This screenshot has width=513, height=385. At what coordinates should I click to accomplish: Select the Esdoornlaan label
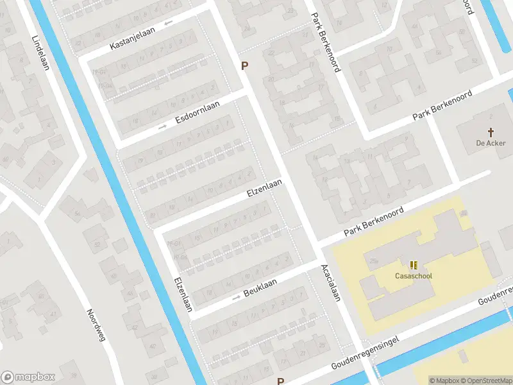pos(198,113)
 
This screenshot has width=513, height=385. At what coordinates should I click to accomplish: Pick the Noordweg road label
pos(95,325)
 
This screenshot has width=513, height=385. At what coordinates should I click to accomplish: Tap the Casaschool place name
pos(413,277)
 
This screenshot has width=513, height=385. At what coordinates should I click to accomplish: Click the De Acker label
pos(491,143)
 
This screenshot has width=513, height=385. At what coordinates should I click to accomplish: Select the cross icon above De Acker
pos(491,132)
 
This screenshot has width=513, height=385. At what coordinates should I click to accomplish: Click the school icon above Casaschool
pos(414,264)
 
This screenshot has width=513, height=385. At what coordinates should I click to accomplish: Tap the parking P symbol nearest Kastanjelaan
pos(244,65)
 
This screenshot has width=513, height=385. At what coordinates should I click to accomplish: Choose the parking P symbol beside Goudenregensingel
pos(280,381)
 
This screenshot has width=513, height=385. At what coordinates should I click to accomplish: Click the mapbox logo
pos(29,377)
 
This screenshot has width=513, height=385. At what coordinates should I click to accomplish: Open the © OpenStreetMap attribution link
pos(487,381)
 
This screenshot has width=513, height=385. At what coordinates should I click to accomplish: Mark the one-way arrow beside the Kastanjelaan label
pos(169,24)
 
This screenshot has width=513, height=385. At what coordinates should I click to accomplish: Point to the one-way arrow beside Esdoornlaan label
pos(163,127)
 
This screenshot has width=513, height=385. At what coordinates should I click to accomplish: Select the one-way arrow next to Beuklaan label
pos(236,298)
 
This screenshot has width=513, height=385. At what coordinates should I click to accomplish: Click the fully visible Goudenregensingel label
pos(366,352)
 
